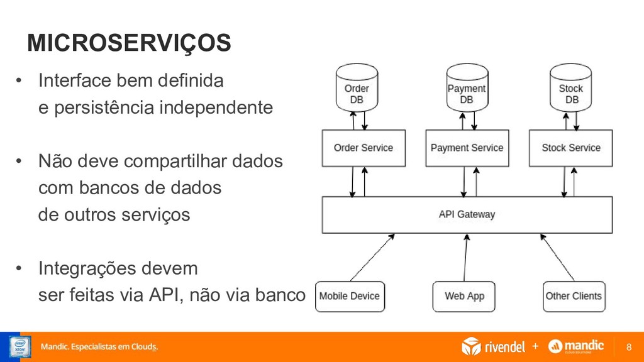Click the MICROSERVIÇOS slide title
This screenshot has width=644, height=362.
pyautogui.click(x=129, y=43)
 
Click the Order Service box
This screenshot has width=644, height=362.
pyautogui.click(x=364, y=148)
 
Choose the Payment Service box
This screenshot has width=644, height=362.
pyautogui.click(x=467, y=148)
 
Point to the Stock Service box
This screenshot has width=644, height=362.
pyautogui.click(x=570, y=148)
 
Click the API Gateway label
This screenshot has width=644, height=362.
pyautogui.click(x=467, y=214)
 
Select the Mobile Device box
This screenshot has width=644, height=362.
pyautogui.click(x=350, y=296)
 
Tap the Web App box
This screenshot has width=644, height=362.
pyautogui.click(x=465, y=296)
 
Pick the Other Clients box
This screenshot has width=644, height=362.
pyautogui.click(x=573, y=296)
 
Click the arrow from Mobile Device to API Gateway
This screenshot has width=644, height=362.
pyautogui.click(x=372, y=258)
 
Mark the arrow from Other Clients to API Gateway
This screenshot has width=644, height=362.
pyautogui.click(x=557, y=258)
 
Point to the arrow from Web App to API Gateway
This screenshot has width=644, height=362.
pyautogui.click(x=466, y=258)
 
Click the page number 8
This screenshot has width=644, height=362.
pyautogui.click(x=630, y=347)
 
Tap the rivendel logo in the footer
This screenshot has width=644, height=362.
pyautogui.click(x=493, y=346)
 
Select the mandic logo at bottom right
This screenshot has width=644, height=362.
pyautogui.click(x=576, y=346)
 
